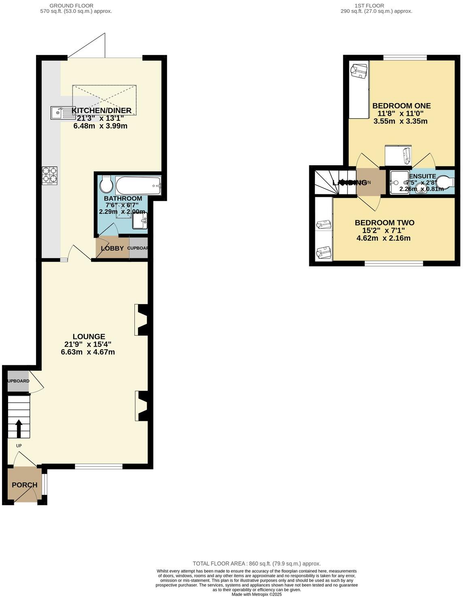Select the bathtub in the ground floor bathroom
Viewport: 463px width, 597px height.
point(138,185)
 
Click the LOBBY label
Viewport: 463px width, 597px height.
point(112,248)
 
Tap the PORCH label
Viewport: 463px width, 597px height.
point(24,485)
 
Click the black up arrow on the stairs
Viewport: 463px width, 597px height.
point(19,428)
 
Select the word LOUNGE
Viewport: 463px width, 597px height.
point(89,337)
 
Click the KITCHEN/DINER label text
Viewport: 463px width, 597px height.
point(102,111)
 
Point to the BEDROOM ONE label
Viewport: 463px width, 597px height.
point(401,106)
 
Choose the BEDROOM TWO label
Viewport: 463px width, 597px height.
point(384,223)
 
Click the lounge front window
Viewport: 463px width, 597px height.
point(98,467)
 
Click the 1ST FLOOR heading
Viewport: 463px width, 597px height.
point(369,6)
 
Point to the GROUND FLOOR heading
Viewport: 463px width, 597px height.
point(71,6)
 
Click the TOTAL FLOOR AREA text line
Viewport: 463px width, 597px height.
point(257,563)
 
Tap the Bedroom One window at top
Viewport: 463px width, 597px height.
point(405,58)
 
